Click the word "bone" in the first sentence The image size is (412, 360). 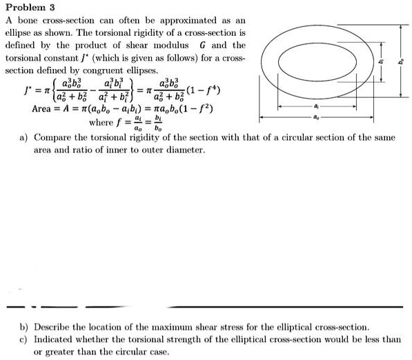point(26,21)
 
